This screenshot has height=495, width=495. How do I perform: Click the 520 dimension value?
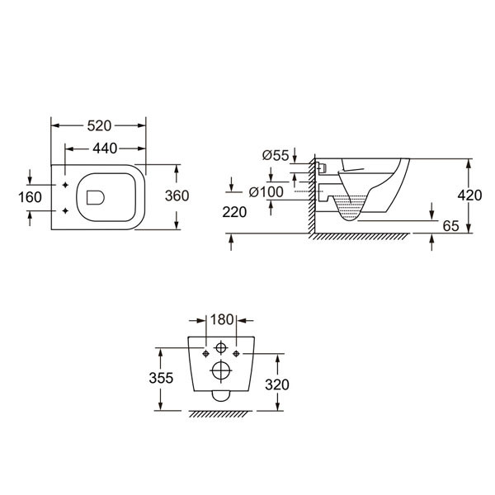(x=99, y=126)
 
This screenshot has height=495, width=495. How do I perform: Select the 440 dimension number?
(x=105, y=148)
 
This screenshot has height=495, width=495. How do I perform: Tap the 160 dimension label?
(x=30, y=197)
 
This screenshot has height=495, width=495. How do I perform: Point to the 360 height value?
(x=177, y=196)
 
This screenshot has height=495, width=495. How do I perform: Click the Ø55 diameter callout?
(x=276, y=155)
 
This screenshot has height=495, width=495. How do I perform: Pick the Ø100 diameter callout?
(x=266, y=192)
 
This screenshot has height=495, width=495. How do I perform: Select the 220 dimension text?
(x=234, y=212)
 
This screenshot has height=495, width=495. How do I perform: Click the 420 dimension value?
(x=469, y=196)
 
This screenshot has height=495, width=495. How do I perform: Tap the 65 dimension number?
(x=450, y=226)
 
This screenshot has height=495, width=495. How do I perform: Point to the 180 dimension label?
(x=222, y=320)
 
